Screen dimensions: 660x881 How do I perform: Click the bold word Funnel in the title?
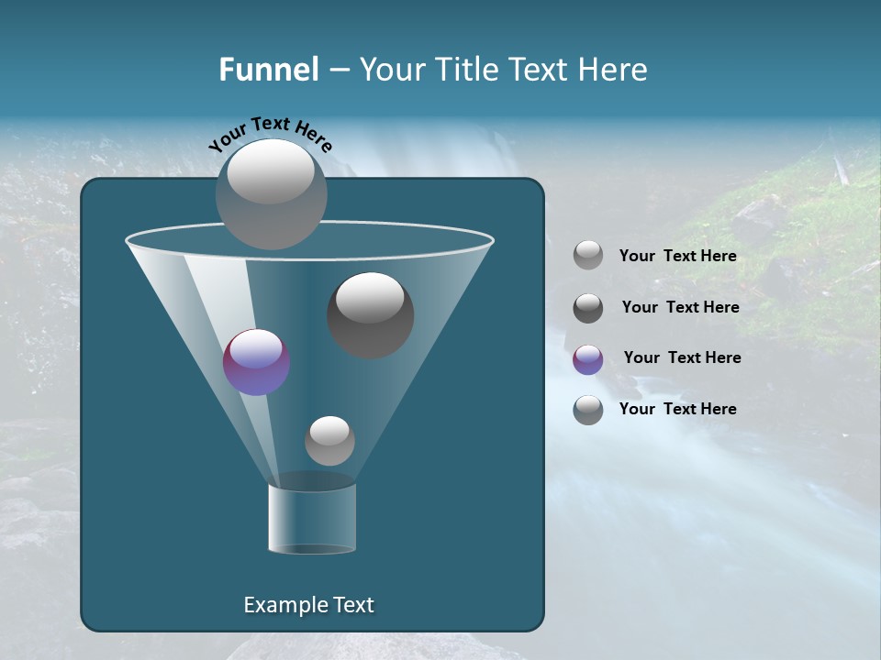click(269, 70)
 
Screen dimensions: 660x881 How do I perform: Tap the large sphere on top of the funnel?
click(271, 193)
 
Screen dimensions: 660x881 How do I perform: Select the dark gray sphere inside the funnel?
click(370, 314)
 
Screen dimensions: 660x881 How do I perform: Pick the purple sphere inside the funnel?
click(256, 362)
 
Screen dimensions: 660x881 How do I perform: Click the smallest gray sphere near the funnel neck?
click(329, 440)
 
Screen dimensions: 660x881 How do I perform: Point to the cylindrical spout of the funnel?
click(312, 519)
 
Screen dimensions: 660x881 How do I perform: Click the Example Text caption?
click(308, 605)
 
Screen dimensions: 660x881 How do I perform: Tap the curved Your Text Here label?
click(271, 134)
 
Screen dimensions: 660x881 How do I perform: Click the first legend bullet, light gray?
click(588, 256)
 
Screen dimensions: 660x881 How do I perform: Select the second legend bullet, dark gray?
click(588, 308)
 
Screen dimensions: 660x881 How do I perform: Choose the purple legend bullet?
click(588, 359)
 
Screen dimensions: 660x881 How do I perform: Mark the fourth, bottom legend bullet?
click(588, 410)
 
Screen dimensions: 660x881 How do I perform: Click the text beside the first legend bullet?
click(677, 257)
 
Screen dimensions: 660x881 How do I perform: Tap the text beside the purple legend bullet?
click(682, 357)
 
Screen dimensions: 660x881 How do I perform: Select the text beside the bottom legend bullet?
click(677, 409)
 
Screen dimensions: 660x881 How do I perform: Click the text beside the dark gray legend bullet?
click(680, 307)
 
